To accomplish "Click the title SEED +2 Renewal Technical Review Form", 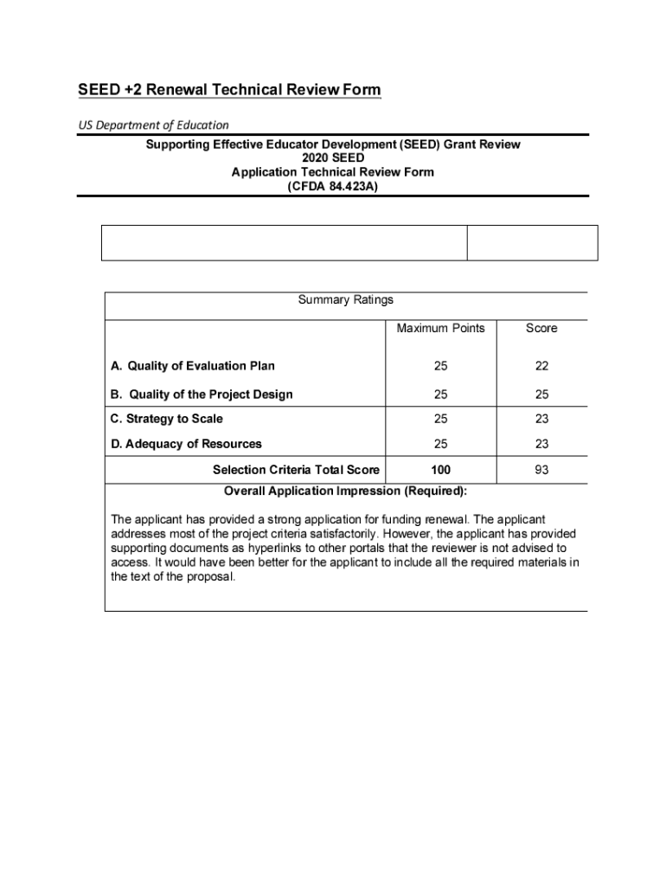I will [229, 90].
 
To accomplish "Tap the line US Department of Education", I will [154, 125].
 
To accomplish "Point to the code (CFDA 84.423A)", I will [332, 185].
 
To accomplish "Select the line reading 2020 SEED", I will [332, 158].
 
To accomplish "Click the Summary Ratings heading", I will [345, 300].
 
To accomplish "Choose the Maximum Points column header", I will [440, 328].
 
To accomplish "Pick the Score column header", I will [541, 328].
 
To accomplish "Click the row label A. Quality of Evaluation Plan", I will [193, 366].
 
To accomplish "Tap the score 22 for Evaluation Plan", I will [541, 366].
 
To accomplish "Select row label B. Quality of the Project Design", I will [202, 395].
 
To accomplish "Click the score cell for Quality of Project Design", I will [541, 395].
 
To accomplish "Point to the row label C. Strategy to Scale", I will [166, 419].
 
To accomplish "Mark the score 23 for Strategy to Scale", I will [541, 419].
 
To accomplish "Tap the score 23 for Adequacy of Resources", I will [541, 444].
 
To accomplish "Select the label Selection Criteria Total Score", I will [296, 470].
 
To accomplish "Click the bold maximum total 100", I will [440, 470].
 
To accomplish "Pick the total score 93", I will [541, 470].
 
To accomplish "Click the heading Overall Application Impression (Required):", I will [345, 491].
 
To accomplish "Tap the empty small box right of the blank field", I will [532, 242].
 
